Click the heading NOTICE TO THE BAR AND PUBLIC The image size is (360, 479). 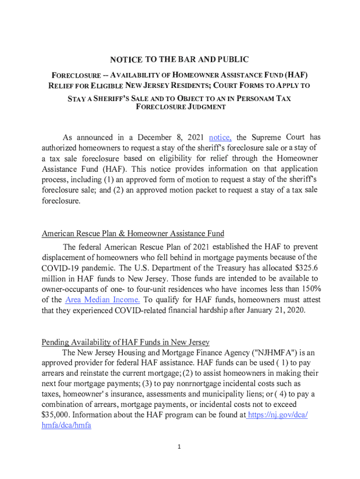click(179, 59)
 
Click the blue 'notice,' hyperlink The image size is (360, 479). click(220, 138)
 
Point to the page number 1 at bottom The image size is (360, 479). click(179, 447)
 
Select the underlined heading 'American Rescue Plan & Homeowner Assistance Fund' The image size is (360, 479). click(133, 233)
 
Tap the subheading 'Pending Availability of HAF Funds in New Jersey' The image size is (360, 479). click(125, 342)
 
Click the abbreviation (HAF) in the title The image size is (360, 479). click(296, 75)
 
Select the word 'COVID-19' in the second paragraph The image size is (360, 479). click(59, 268)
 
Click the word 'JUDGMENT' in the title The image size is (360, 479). click(205, 107)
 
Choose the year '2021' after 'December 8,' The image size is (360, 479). click(195, 138)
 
